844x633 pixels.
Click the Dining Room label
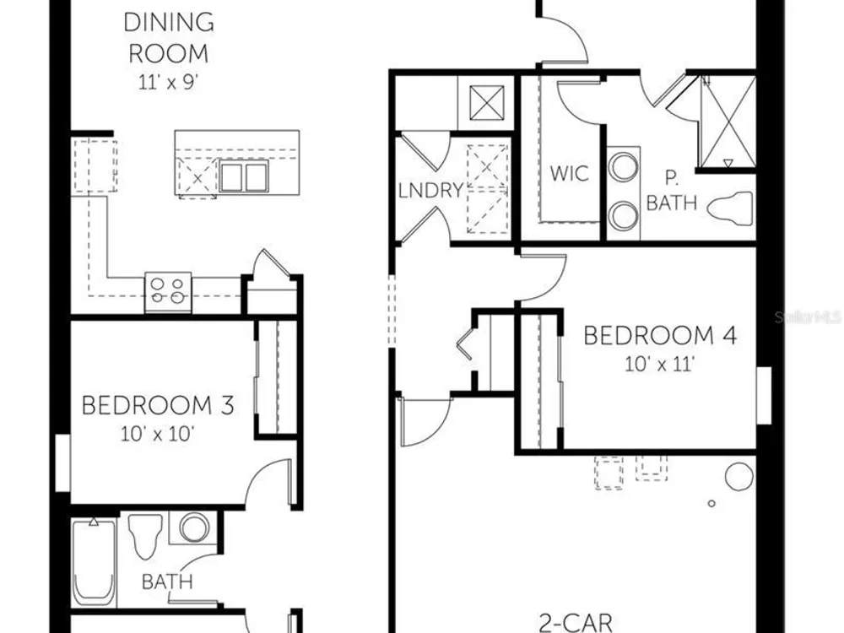click(169, 38)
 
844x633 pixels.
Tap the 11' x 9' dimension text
click(169, 83)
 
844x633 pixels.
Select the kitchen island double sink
click(243, 176)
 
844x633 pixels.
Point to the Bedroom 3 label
click(158, 405)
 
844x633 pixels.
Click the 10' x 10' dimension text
click(157, 434)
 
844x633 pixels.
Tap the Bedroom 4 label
click(660, 335)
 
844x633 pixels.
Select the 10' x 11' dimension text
click(660, 365)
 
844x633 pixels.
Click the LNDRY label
click(430, 190)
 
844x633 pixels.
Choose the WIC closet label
click(569, 173)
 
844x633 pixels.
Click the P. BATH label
click(671, 191)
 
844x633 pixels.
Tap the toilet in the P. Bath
click(730, 206)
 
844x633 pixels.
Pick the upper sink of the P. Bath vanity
click(624, 167)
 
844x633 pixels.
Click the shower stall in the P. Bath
click(728, 122)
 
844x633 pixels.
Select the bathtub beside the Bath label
click(94, 561)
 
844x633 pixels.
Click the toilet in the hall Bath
click(145, 537)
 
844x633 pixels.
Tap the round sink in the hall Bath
click(194, 527)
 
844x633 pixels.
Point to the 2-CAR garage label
click(576, 623)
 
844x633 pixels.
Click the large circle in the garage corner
click(739, 476)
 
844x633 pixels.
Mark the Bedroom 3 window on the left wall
click(63, 463)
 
